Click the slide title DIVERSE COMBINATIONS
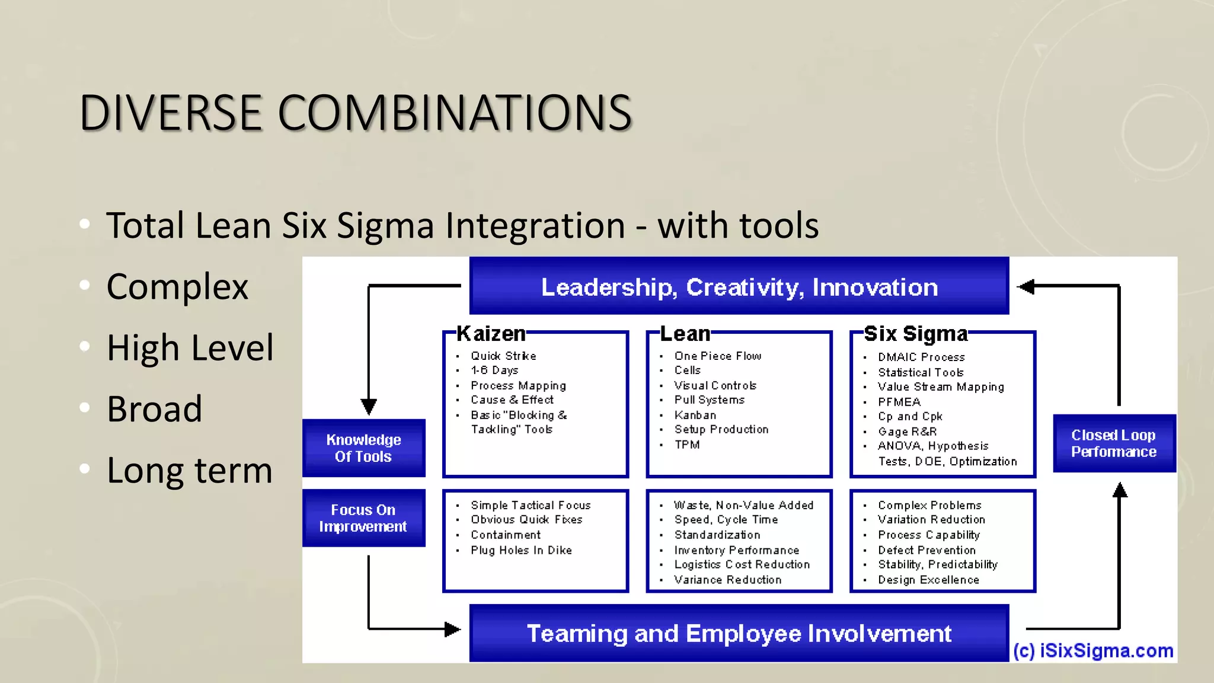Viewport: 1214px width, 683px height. pos(356,113)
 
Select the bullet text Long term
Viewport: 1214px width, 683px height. pos(189,471)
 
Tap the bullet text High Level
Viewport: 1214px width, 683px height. pos(190,348)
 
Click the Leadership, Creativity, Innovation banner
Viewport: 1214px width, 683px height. pos(739,287)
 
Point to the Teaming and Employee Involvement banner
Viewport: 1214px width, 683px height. pos(739,633)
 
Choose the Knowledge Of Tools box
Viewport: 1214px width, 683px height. pos(363,448)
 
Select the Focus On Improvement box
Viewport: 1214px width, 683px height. pos(363,518)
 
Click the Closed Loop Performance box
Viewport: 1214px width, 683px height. pos(1114,443)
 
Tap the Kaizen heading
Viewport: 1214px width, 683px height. pos(491,334)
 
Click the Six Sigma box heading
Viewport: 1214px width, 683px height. pos(915,334)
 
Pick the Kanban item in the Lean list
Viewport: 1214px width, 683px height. pos(695,415)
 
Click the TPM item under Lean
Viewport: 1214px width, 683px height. pos(687,445)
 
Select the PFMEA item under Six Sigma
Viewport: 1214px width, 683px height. pos(899,402)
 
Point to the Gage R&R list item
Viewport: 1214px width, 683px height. pos(907,432)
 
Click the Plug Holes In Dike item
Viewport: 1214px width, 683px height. pos(521,550)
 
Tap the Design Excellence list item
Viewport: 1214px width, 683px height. pos(928,580)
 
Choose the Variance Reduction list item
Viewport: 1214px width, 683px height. pos(727,580)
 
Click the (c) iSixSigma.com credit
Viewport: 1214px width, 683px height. pos(1093,651)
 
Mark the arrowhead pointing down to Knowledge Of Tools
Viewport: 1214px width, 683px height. pos(369,407)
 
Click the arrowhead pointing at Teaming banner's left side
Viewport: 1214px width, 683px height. pos(452,629)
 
